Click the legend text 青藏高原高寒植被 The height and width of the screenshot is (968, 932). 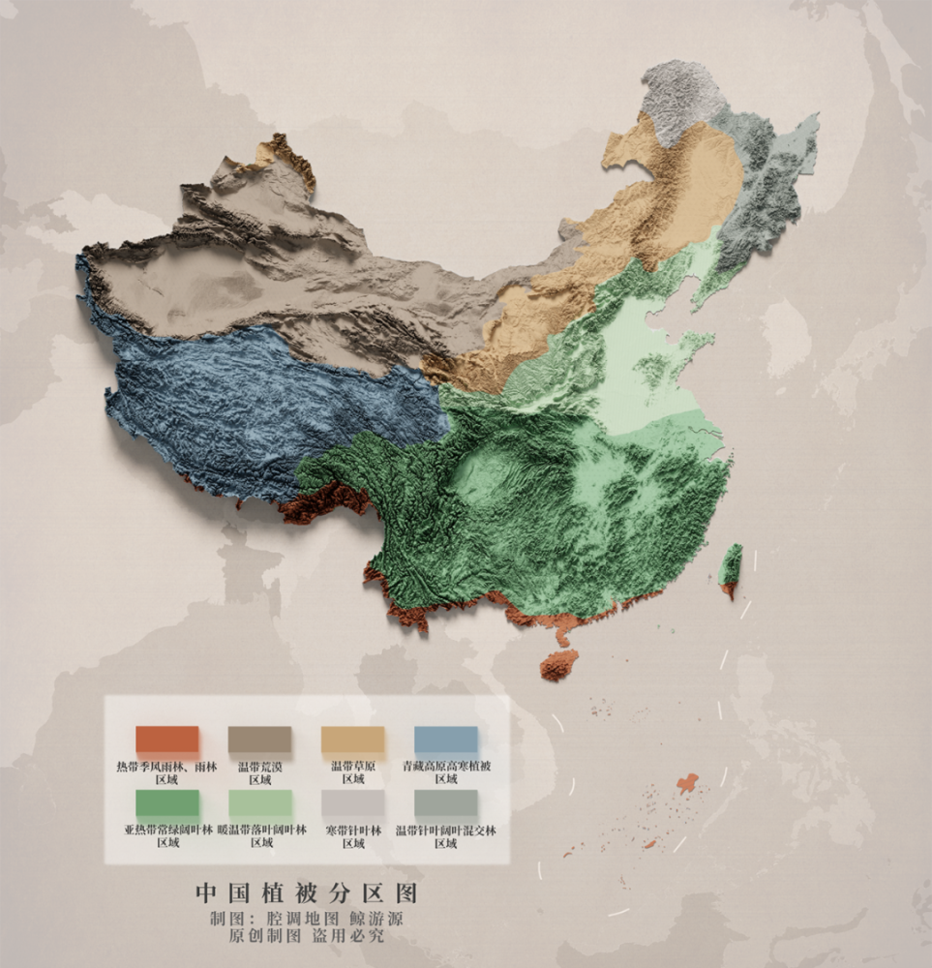click(x=446, y=767)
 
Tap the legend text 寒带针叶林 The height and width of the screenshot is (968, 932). click(x=353, y=831)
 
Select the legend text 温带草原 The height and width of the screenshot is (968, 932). click(x=353, y=767)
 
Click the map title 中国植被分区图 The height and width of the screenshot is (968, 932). click(x=307, y=891)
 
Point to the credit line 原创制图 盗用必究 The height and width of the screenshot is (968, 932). click(x=306, y=937)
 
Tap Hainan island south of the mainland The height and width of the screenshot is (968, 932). click(x=558, y=665)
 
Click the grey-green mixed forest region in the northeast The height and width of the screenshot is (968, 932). click(x=769, y=184)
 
